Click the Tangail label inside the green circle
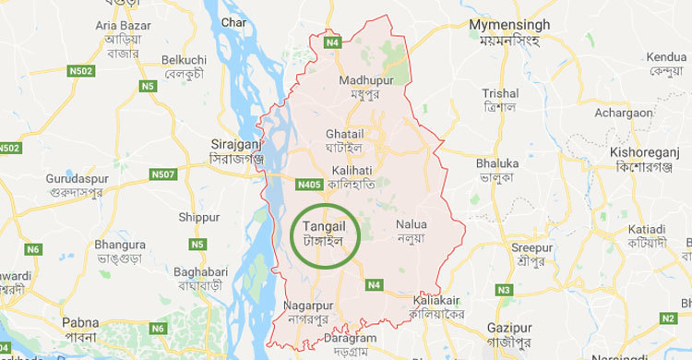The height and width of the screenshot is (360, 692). point(323,222)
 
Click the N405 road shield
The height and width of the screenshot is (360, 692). point(309,186)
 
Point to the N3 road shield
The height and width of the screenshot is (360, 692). point(504,291)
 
